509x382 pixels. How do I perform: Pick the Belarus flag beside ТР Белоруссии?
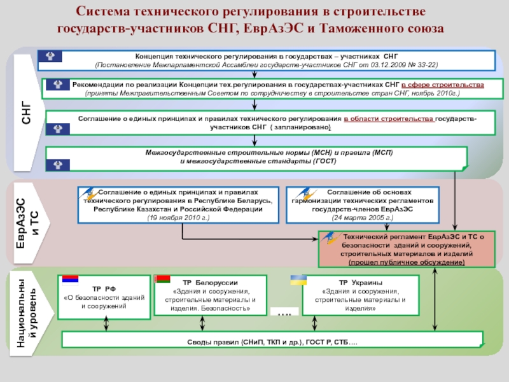point(164,281)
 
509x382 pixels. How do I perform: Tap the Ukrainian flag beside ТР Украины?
point(298,281)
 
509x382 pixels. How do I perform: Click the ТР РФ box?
point(104,297)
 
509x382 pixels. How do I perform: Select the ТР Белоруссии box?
point(211,296)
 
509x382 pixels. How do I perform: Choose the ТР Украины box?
point(361,296)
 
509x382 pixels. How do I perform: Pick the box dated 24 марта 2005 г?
point(362,205)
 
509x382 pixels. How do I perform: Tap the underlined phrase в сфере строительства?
point(443,85)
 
